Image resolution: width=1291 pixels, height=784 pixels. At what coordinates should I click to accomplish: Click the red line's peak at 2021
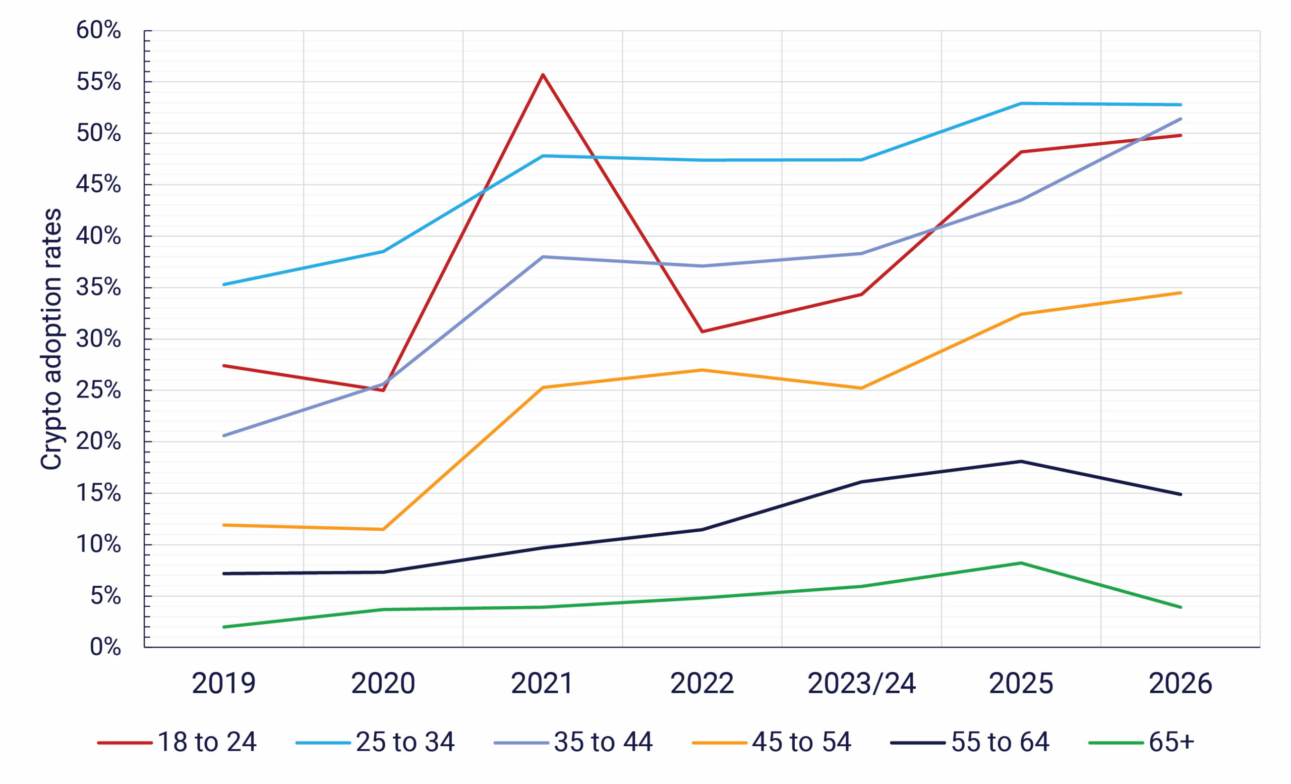click(543, 75)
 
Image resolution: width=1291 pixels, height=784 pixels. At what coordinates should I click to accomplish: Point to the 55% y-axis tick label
click(98, 82)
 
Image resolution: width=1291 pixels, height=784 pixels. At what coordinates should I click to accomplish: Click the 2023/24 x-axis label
click(861, 684)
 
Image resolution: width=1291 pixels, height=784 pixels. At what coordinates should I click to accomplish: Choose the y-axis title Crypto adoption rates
click(51, 339)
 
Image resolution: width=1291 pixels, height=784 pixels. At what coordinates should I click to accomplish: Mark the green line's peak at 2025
click(1021, 564)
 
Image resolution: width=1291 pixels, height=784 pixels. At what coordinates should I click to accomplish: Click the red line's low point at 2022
click(702, 332)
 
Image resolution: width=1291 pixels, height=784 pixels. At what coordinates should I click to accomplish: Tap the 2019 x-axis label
click(224, 684)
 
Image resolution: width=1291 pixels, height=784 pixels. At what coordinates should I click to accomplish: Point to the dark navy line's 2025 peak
click(1021, 461)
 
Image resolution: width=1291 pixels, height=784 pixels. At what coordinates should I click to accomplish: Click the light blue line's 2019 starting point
click(224, 285)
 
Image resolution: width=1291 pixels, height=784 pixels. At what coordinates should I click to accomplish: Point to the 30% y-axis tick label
click(98, 339)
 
